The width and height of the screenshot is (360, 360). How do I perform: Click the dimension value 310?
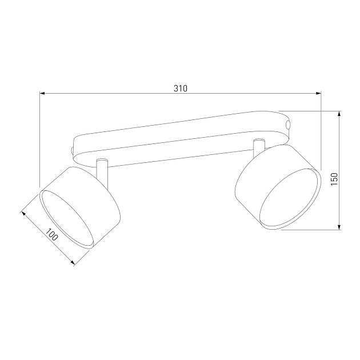click(x=181, y=89)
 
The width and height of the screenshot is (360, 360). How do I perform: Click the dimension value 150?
click(x=335, y=179)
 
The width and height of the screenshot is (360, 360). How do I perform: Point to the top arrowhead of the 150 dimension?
click(x=341, y=114)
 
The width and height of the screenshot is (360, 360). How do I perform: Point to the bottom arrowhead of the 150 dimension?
click(x=341, y=227)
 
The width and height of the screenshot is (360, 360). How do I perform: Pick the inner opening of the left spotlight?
click(x=66, y=219)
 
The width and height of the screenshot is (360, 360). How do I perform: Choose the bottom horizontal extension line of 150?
click(x=311, y=230)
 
